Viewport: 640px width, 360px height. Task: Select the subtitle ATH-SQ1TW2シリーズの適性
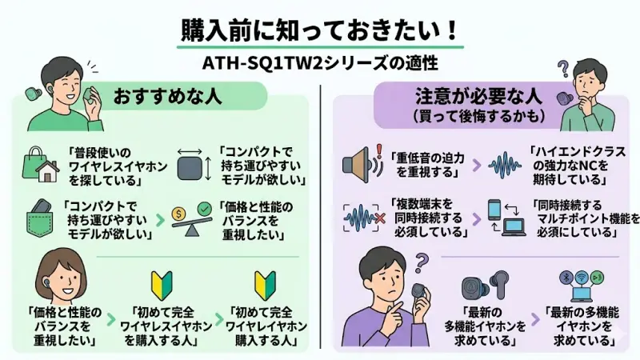click(319, 62)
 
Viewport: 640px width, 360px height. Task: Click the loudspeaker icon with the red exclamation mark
click(357, 163)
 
